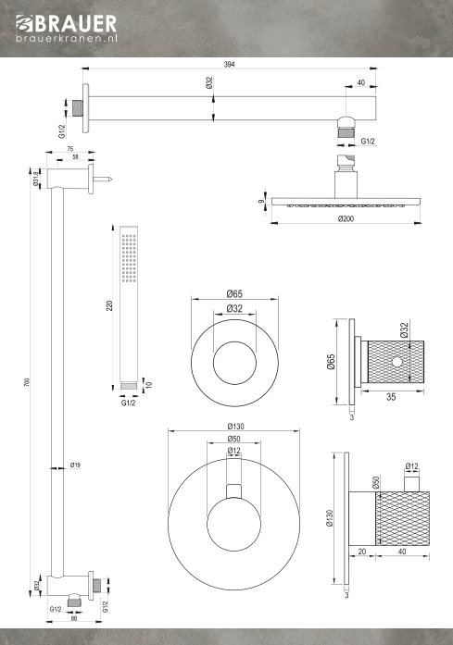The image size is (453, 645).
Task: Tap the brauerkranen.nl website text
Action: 67,38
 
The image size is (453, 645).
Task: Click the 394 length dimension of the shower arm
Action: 229,64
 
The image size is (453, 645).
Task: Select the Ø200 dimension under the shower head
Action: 346,218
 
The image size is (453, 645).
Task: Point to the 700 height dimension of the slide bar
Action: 27,382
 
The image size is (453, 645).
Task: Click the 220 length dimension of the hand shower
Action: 109,305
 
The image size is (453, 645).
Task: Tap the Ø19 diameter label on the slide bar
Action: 75,465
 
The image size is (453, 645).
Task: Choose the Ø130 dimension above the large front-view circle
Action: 235,427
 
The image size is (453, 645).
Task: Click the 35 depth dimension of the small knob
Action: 391,397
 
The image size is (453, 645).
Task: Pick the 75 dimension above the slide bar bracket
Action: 70,149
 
